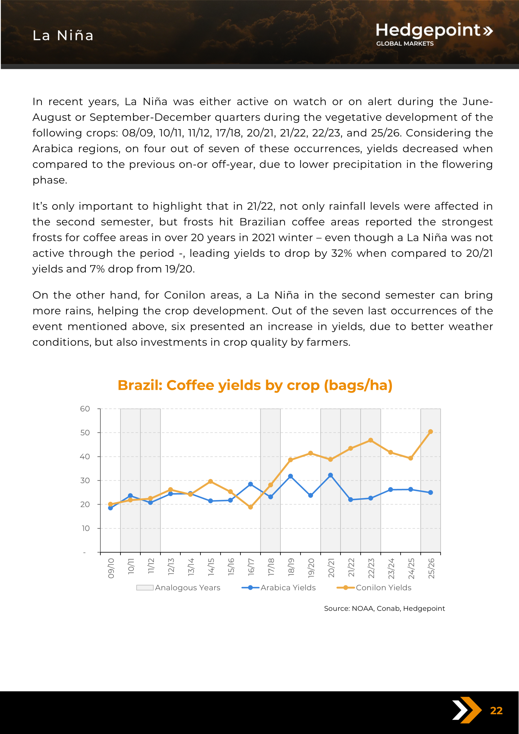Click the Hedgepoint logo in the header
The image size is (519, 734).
[x=434, y=34]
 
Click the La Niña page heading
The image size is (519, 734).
[x=63, y=35]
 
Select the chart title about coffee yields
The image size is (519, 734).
[x=255, y=385]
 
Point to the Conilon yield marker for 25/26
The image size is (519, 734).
[x=430, y=432]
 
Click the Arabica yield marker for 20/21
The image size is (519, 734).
[x=330, y=475]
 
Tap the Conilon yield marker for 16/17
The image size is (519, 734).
[x=250, y=507]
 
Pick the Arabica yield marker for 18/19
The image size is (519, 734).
[x=290, y=476]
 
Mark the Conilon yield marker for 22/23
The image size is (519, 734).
[x=371, y=440]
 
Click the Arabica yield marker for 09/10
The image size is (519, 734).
[x=110, y=508]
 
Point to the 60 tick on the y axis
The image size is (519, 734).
[x=85, y=409]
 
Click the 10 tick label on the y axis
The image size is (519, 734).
[x=85, y=528]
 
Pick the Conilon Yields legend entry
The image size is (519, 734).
[x=374, y=588]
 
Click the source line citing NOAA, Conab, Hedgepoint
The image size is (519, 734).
[x=384, y=608]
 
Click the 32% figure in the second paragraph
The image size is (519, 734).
[x=341, y=253]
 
